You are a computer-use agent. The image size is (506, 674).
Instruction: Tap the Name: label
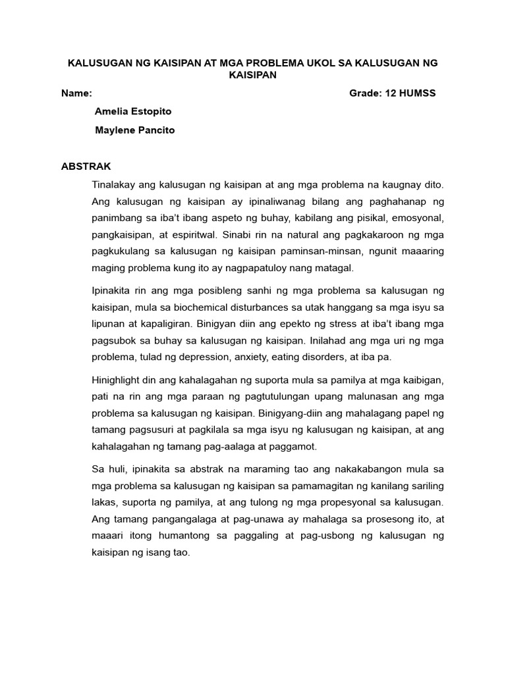[76, 93]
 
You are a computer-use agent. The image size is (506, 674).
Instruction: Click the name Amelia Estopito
[133, 111]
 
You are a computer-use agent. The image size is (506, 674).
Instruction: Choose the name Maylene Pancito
[135, 130]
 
